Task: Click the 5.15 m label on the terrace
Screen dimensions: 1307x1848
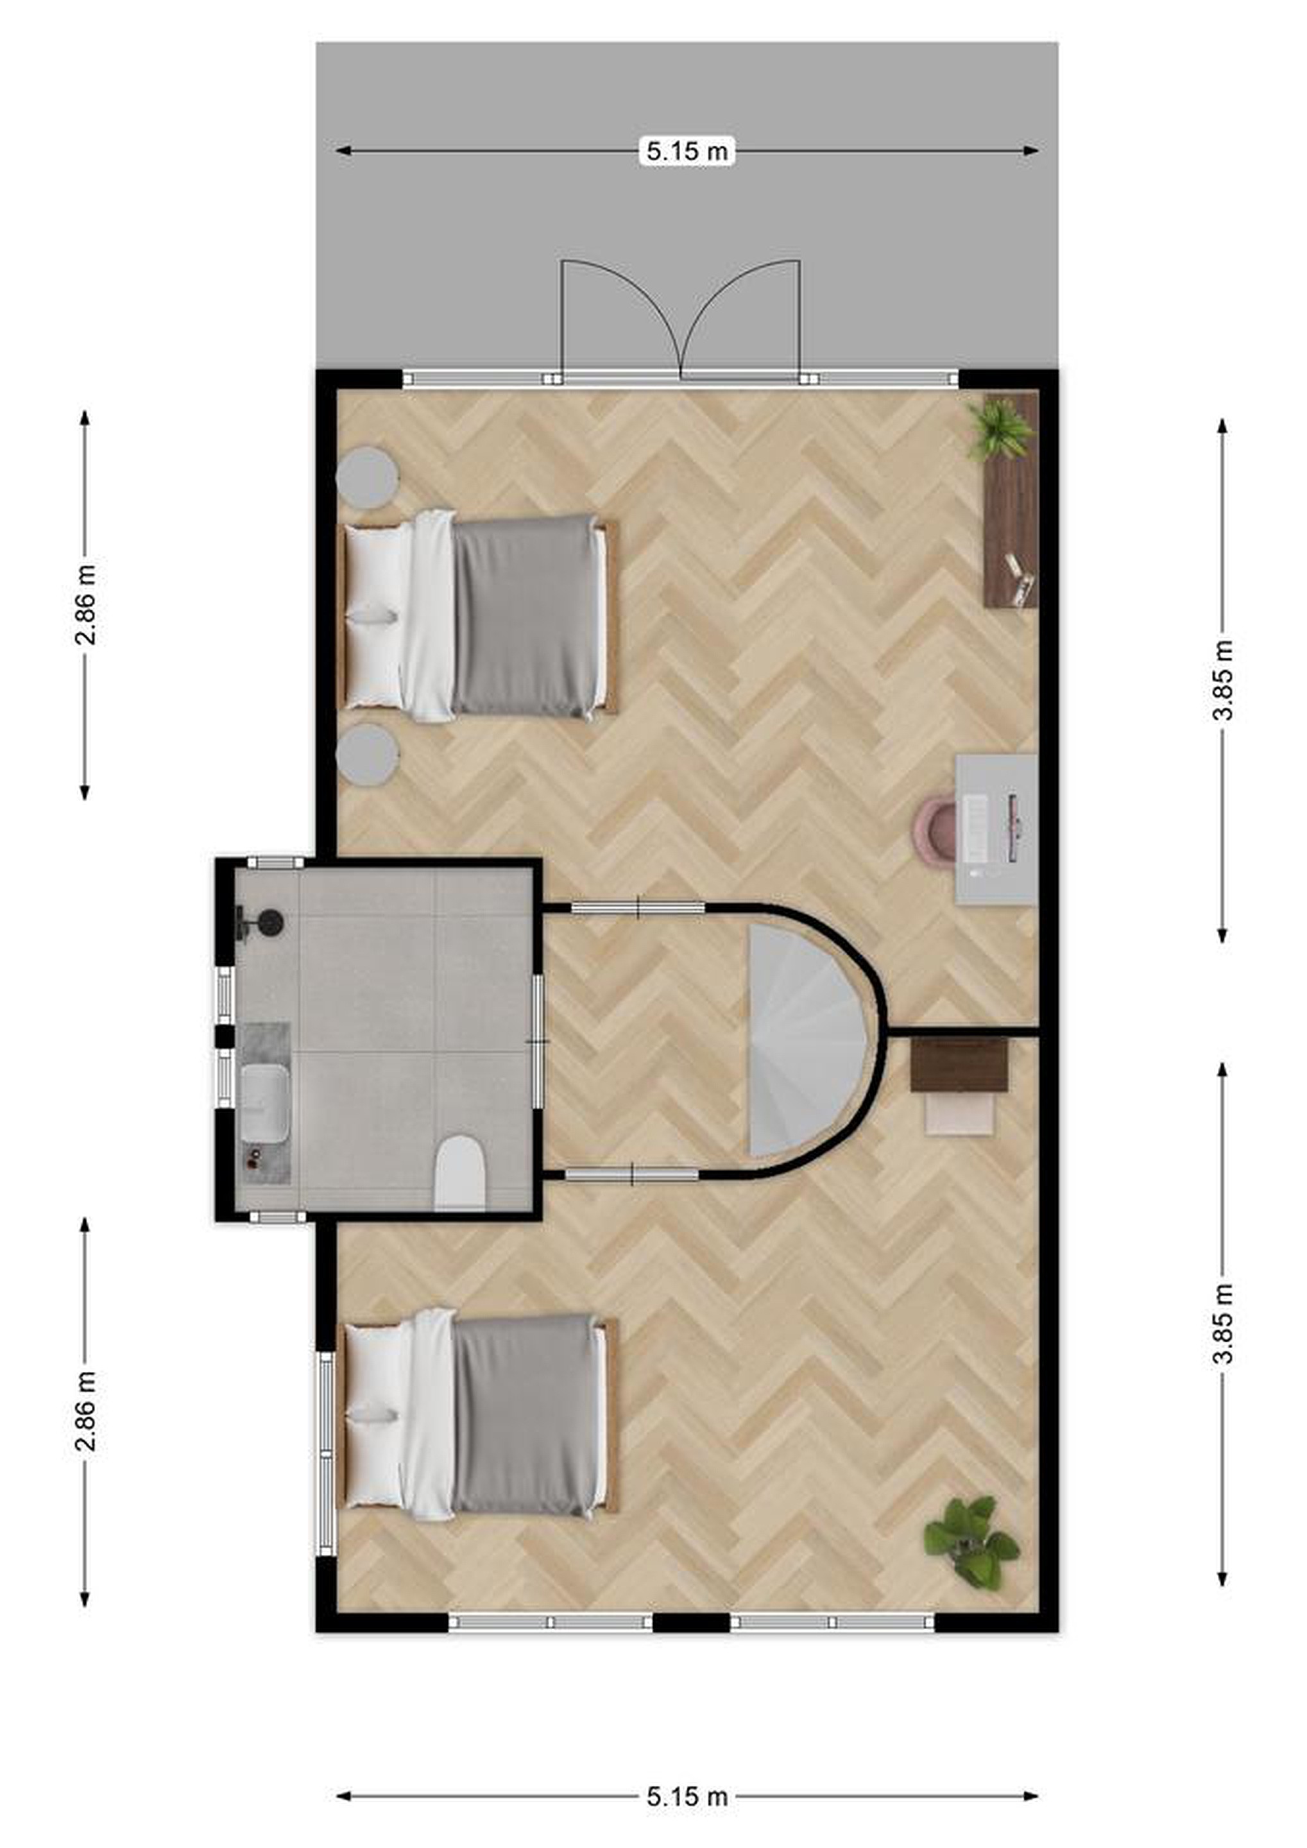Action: point(687,151)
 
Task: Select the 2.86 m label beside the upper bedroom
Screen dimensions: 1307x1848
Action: point(85,605)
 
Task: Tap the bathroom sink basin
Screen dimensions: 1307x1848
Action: point(265,1102)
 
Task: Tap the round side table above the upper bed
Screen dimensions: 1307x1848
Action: point(367,477)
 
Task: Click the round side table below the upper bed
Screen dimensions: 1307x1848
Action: point(367,755)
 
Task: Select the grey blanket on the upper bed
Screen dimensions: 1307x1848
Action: point(525,616)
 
